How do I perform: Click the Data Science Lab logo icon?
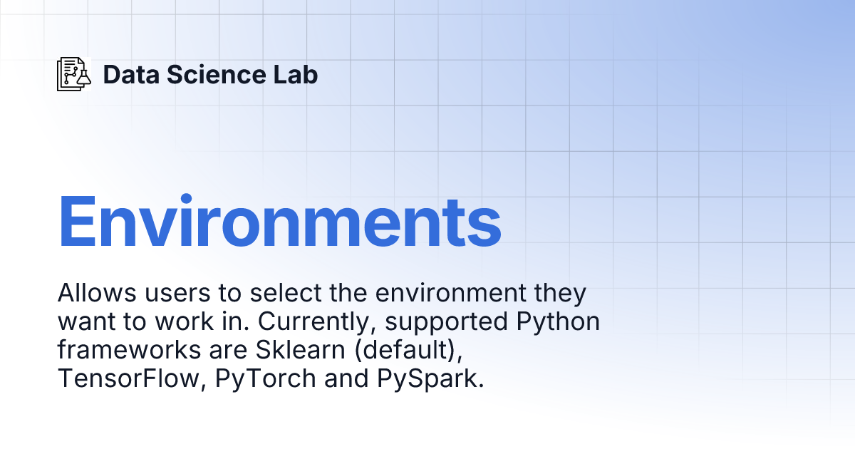(x=74, y=74)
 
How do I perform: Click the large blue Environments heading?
(x=279, y=222)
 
